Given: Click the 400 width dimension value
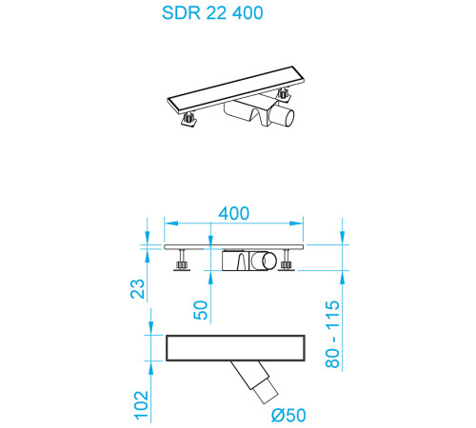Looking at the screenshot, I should (x=233, y=214).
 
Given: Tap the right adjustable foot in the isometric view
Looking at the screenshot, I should (x=284, y=95).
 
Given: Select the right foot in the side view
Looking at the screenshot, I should (x=287, y=263).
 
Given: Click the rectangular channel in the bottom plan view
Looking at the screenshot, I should (x=234, y=348).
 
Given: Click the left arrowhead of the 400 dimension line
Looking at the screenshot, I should (x=169, y=226).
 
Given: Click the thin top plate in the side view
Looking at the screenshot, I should (x=234, y=245).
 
